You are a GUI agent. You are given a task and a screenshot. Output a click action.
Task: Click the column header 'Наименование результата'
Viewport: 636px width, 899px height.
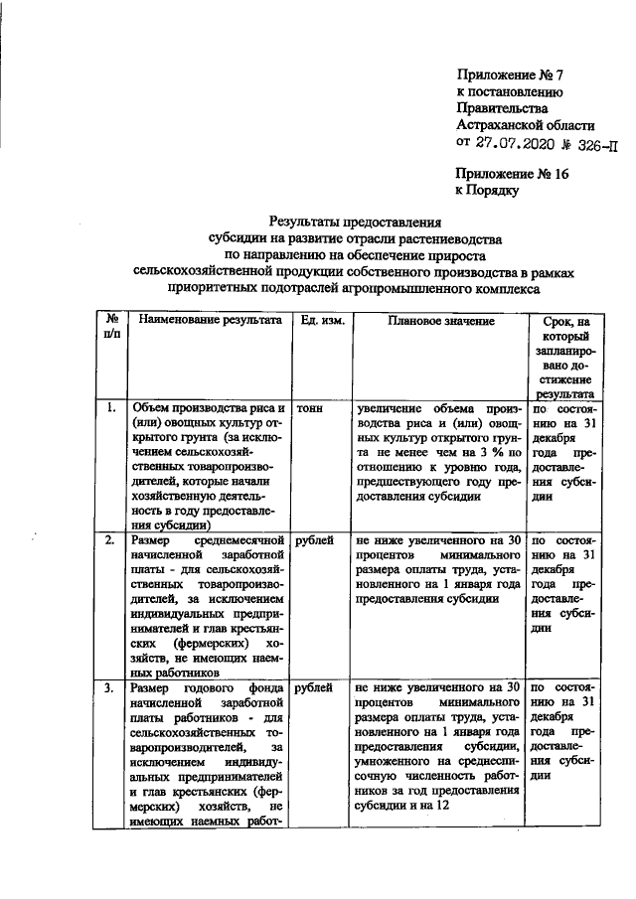coord(210,322)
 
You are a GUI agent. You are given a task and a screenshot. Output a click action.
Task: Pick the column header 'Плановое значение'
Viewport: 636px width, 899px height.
coord(440,322)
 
